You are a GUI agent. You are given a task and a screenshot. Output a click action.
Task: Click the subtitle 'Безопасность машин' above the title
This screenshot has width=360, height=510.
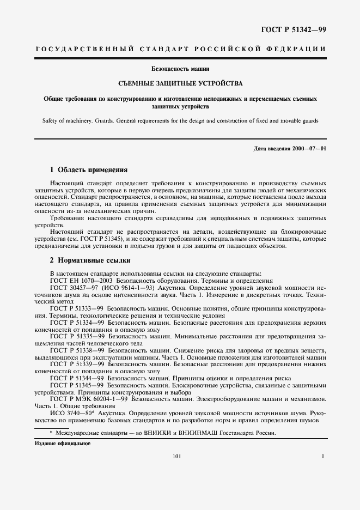click(180, 69)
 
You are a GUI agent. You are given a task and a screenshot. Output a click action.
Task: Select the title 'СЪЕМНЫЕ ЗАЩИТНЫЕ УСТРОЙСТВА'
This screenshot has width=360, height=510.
click(180, 83)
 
